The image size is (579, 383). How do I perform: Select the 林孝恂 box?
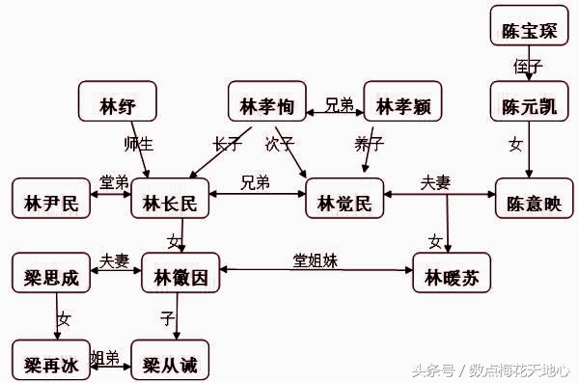266,102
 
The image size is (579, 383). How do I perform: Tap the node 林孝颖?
402,102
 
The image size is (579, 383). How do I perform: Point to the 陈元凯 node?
529,102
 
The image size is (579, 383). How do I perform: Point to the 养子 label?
369,144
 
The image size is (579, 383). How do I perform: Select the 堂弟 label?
114,183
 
